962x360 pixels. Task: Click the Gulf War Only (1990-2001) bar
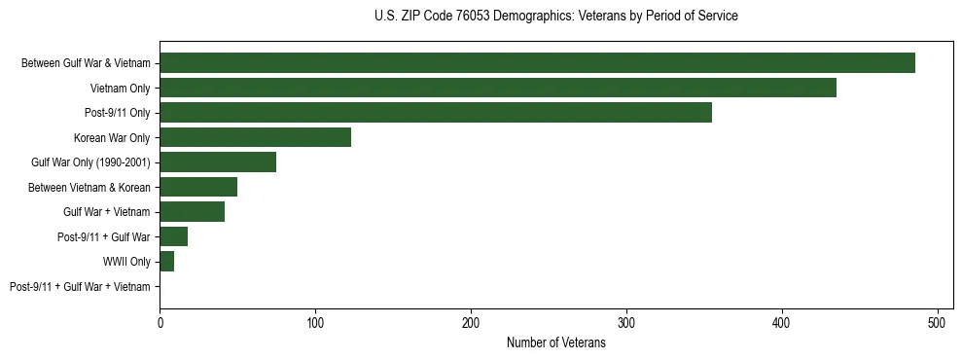pyautogui.click(x=218, y=162)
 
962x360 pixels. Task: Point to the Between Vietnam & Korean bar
pyautogui.click(x=198, y=187)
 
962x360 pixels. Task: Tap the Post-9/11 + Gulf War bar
pyautogui.click(x=173, y=236)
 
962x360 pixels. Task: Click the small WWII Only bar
pyautogui.click(x=166, y=262)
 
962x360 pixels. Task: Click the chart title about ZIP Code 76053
pyautogui.click(x=555, y=17)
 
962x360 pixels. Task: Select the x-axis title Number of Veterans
pyautogui.click(x=555, y=342)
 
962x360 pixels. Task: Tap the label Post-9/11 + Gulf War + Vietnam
pyautogui.click(x=80, y=286)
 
